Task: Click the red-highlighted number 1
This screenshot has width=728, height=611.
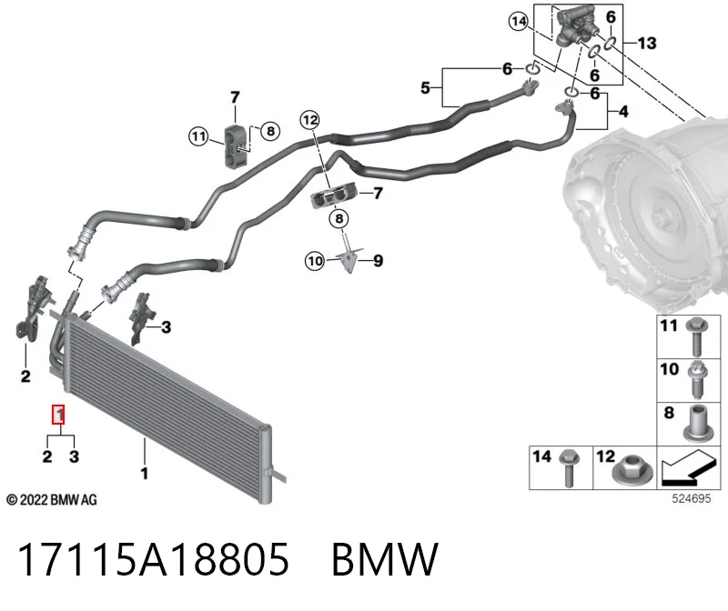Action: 58,415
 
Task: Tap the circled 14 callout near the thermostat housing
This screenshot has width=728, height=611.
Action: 519,21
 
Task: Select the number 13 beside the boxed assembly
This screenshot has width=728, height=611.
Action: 647,43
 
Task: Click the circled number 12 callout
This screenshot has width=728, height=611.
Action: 310,120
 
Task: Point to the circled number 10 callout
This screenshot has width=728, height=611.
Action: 315,261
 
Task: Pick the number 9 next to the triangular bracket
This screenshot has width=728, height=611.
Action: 378,261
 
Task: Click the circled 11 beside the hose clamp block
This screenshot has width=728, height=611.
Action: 198,136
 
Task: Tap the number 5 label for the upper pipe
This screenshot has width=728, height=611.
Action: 425,87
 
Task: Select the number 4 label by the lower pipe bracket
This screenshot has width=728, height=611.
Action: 623,111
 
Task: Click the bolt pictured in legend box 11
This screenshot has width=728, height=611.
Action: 696,336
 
